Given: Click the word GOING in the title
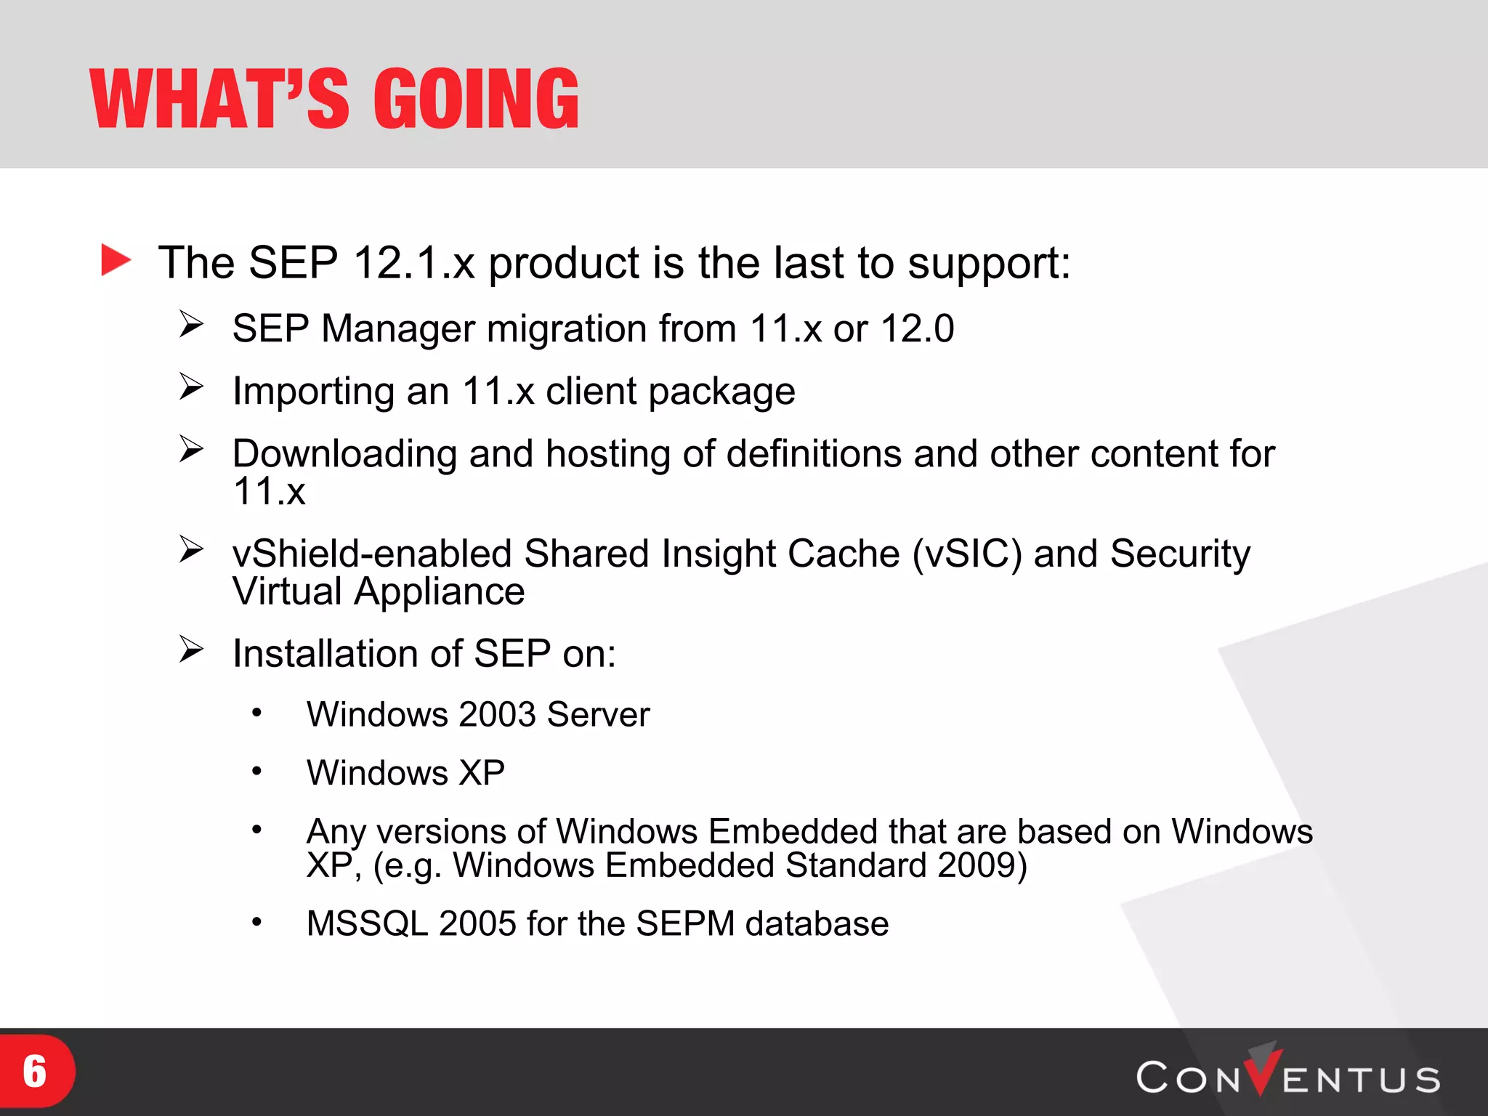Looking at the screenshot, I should coord(477,100).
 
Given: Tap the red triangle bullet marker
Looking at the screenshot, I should coord(116,260).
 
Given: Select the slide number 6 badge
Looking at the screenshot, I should coord(35,1072).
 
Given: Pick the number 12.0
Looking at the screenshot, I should coord(917,328).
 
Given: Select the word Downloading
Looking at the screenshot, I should coord(344,454).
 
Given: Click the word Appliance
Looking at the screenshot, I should coord(439,591).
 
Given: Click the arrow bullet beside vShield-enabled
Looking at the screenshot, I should coord(191,549).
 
